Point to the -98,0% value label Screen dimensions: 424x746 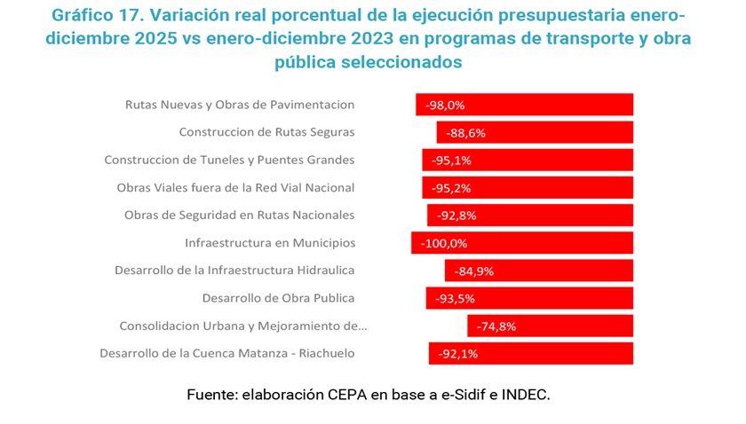pyautogui.click(x=445, y=105)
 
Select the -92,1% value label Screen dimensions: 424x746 pyautogui.click(x=459, y=353)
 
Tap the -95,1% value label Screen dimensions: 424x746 pyautogui.click(x=451, y=161)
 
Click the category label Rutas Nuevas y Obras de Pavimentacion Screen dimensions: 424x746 pyautogui.click(x=240, y=105)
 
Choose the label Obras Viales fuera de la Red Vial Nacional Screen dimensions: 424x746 pyautogui.click(x=235, y=188)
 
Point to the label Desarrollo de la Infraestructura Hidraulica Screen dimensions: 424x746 pyautogui.click(x=234, y=271)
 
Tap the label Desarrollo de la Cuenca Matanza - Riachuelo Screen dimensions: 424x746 pyautogui.click(x=226, y=353)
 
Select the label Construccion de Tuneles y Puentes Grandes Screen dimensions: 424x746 pyautogui.click(x=229, y=161)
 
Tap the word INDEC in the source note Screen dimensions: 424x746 pyautogui.click(x=524, y=394)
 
